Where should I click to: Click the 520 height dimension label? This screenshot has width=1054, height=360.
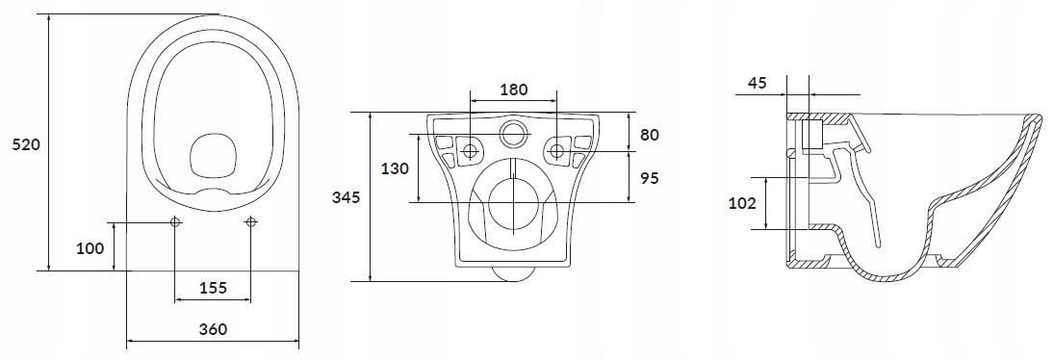coord(27,144)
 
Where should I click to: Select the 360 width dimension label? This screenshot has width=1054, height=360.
coord(213,329)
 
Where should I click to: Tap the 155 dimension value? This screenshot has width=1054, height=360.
coord(213,288)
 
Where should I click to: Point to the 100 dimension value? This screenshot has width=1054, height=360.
coord(90,248)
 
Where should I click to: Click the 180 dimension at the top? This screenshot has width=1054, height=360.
coord(514,90)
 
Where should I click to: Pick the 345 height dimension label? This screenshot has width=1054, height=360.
coord(347,197)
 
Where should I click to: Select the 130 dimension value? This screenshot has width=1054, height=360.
coord(395,168)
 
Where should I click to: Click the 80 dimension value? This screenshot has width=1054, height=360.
coord(650,135)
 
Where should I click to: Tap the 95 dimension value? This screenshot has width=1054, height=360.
coord(650,178)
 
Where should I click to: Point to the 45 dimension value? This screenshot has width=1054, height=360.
coord(758,83)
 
